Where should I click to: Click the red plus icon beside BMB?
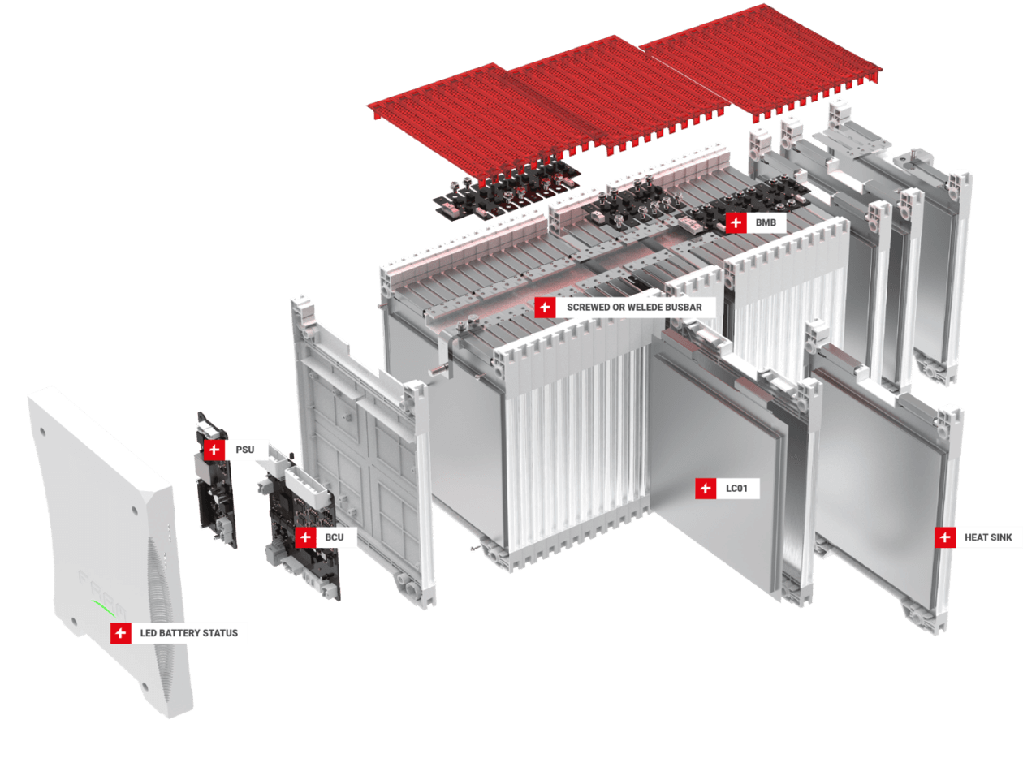click(x=736, y=222)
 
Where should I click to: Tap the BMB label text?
click(x=766, y=222)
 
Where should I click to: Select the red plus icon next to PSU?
click(x=214, y=450)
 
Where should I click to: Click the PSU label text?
click(x=244, y=450)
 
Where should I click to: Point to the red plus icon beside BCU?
click(x=305, y=537)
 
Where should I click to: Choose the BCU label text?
click(x=335, y=537)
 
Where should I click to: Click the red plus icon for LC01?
click(x=706, y=489)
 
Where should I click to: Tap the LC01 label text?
click(x=736, y=489)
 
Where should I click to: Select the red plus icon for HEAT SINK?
click(x=945, y=537)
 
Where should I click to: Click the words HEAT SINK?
click(x=988, y=537)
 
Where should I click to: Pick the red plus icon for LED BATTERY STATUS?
click(x=120, y=633)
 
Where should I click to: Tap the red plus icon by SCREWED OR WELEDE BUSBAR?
click(x=544, y=307)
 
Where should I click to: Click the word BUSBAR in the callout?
click(x=684, y=307)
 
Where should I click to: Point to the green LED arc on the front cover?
click(x=103, y=608)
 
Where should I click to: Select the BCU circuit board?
click(x=304, y=536)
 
